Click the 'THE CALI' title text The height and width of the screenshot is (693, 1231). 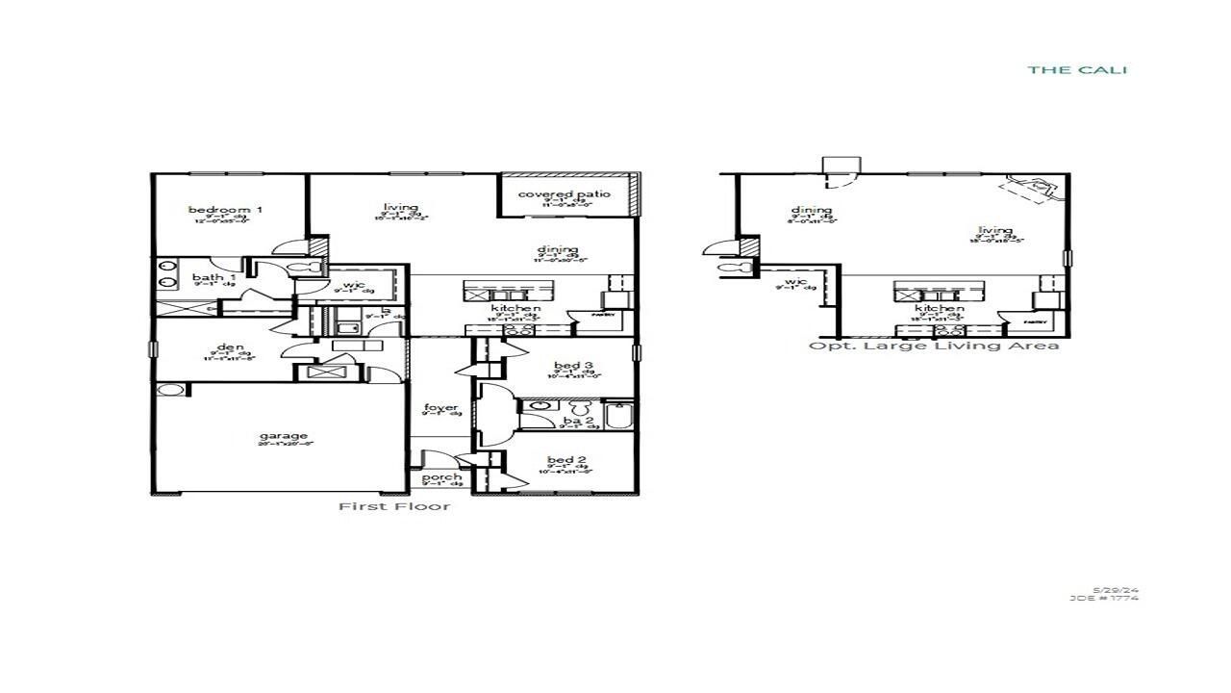(1077, 69)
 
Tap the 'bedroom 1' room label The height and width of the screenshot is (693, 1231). (225, 210)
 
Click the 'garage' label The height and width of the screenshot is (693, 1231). (284, 436)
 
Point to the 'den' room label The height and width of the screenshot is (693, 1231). (230, 347)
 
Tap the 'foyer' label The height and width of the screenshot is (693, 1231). (441, 408)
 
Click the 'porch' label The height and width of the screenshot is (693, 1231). (441, 477)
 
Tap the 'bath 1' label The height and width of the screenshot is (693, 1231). (208, 277)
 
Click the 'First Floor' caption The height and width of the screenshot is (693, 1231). (393, 506)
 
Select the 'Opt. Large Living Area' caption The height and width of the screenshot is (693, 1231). (933, 346)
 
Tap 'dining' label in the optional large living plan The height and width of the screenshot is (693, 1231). (812, 211)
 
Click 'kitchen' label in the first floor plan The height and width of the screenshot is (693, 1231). (510, 309)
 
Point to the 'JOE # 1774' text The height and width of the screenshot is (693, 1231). (1104, 598)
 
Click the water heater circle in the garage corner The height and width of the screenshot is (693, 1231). (171, 391)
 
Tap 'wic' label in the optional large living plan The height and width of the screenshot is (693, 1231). (795, 282)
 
